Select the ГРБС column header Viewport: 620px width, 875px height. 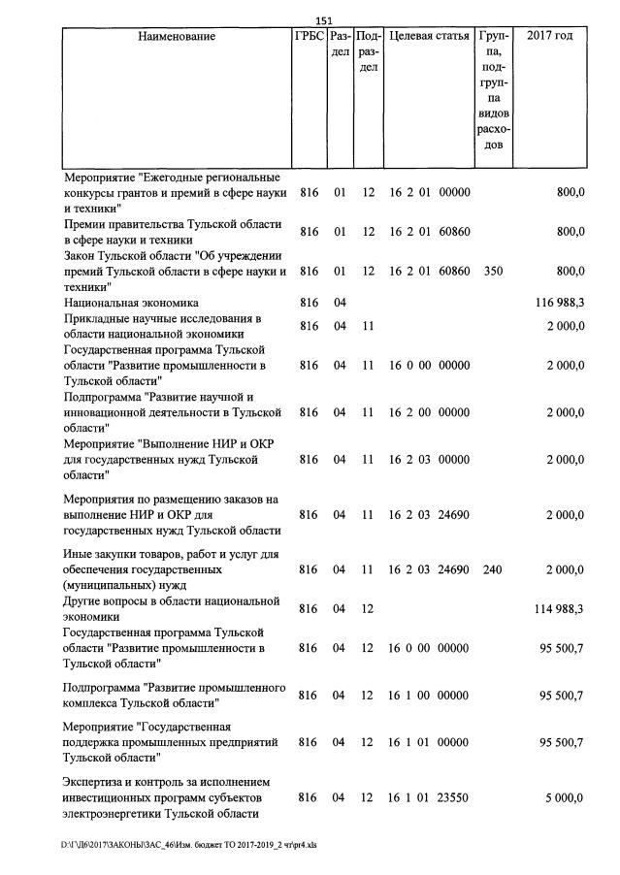click(x=309, y=37)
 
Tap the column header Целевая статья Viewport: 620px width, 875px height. click(x=429, y=37)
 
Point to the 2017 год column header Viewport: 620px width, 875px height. click(x=549, y=37)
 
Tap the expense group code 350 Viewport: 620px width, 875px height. click(x=492, y=273)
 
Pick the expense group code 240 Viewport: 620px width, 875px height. click(x=492, y=570)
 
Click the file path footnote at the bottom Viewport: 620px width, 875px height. click(x=190, y=845)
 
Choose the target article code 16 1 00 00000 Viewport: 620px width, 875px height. click(x=429, y=696)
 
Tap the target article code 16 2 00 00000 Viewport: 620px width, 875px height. click(x=429, y=412)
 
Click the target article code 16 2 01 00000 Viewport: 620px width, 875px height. click(x=429, y=193)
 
